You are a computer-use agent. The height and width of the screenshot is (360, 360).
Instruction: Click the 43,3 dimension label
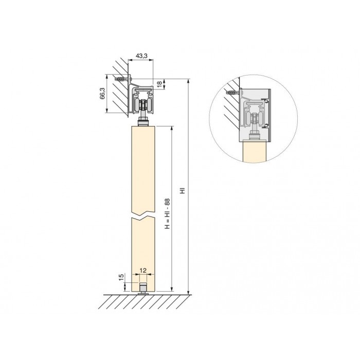click(x=141, y=56)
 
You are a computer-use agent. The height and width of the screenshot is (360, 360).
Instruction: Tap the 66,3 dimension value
click(x=102, y=93)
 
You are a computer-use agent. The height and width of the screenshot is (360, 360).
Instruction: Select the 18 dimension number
click(x=159, y=84)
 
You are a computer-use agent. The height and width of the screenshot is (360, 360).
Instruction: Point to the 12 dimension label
click(x=143, y=271)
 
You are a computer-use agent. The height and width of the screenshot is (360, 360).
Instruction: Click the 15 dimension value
click(x=121, y=277)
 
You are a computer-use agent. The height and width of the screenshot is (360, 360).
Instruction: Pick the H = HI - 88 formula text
click(x=167, y=213)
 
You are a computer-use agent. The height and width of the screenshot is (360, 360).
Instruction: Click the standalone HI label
click(x=183, y=191)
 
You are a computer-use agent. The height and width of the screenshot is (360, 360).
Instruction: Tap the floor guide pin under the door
click(x=143, y=289)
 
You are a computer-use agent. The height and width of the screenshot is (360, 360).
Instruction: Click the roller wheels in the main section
click(x=143, y=105)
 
